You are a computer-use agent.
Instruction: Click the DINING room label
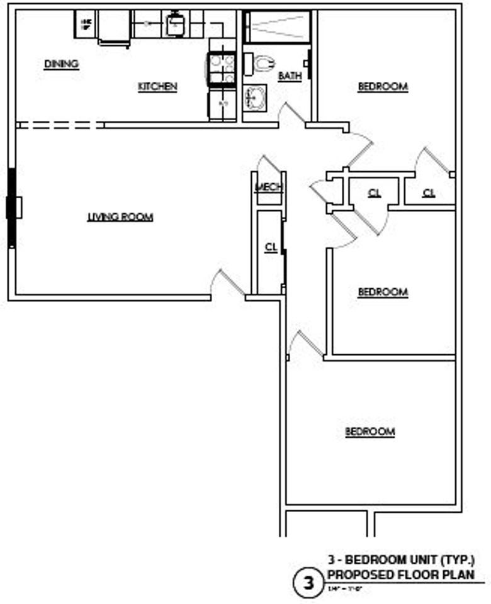pos(61,64)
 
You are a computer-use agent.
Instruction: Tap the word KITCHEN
pos(157,87)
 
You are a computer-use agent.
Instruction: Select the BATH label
pos(290,76)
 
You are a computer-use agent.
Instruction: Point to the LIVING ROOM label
pos(120,217)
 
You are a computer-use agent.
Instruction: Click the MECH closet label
pos(269,187)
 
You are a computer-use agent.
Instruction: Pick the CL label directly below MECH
pos(271,247)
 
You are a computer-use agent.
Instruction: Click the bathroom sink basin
pos(256,98)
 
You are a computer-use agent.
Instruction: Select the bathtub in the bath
pos(277,26)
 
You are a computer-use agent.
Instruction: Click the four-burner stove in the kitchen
pos(221,68)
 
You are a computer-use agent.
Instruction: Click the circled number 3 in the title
pos(308,583)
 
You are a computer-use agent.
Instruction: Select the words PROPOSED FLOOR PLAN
pos(400,574)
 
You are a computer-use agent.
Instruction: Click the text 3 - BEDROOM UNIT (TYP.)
pos(400,559)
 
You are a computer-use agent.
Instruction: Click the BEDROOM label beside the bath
pos(383,87)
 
